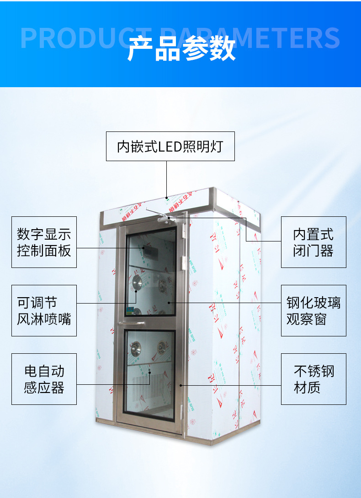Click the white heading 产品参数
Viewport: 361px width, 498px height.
pyautogui.click(x=181, y=49)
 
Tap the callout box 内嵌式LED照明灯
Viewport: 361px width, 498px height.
pyautogui.click(x=170, y=147)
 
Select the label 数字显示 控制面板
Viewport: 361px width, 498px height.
pyautogui.click(x=44, y=242)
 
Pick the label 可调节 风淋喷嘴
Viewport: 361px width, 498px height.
pyautogui.click(x=44, y=310)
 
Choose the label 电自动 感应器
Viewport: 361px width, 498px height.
pyautogui.click(x=44, y=379)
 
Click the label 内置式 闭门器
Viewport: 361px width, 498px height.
pyautogui.click(x=313, y=242)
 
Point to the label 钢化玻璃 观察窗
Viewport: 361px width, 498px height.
pyautogui.click(x=313, y=310)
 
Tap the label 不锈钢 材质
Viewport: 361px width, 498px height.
pyautogui.click(x=313, y=379)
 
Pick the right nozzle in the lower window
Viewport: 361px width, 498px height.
pyautogui.click(x=162, y=348)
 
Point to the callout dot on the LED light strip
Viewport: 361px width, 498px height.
pyautogui.click(x=167, y=198)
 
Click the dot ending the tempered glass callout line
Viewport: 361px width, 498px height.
pyautogui.click(x=169, y=302)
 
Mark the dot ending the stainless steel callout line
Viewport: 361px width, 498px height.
pyautogui.click(x=181, y=385)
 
